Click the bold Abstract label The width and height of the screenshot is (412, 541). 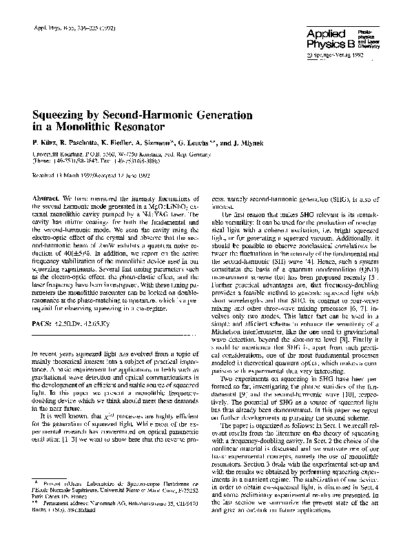click(x=46, y=198)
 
